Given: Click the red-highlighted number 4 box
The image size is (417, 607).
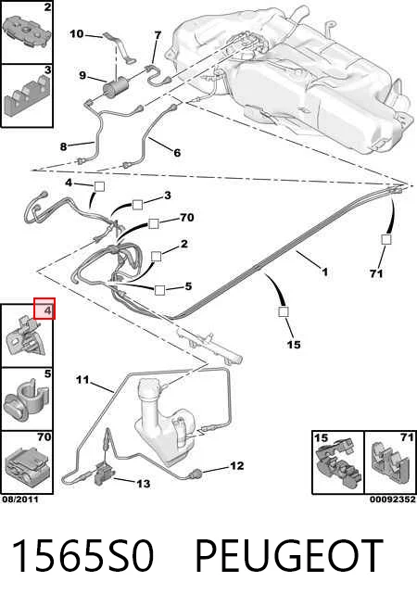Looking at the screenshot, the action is click(44, 309).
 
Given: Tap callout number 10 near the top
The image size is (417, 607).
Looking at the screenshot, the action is click(77, 34).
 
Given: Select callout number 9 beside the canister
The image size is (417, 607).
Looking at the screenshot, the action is click(82, 75).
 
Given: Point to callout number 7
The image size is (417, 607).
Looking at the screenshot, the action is click(158, 35).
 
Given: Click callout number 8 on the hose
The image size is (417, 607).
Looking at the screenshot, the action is click(64, 146).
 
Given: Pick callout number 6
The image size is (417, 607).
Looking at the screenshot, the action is click(177, 153).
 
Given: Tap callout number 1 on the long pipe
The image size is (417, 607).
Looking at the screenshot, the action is click(325, 272).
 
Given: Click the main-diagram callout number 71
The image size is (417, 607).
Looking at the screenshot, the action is click(376, 273).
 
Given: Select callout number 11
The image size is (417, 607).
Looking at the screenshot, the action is click(82, 380).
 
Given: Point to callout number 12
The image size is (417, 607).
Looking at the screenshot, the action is click(236, 466).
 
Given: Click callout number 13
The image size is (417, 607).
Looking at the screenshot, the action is click(143, 484).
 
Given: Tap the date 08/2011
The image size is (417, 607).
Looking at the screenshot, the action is click(20, 500).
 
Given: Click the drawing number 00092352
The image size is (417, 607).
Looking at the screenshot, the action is click(393, 500).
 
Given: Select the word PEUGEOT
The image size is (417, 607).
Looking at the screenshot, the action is click(289, 556).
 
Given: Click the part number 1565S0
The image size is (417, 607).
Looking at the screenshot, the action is click(82, 556).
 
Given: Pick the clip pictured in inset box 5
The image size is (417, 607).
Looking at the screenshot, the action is click(26, 401).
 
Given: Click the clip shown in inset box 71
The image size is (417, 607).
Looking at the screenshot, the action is click(390, 464).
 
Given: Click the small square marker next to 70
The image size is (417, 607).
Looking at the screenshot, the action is click(153, 223).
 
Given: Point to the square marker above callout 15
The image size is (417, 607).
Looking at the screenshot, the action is click(284, 311).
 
